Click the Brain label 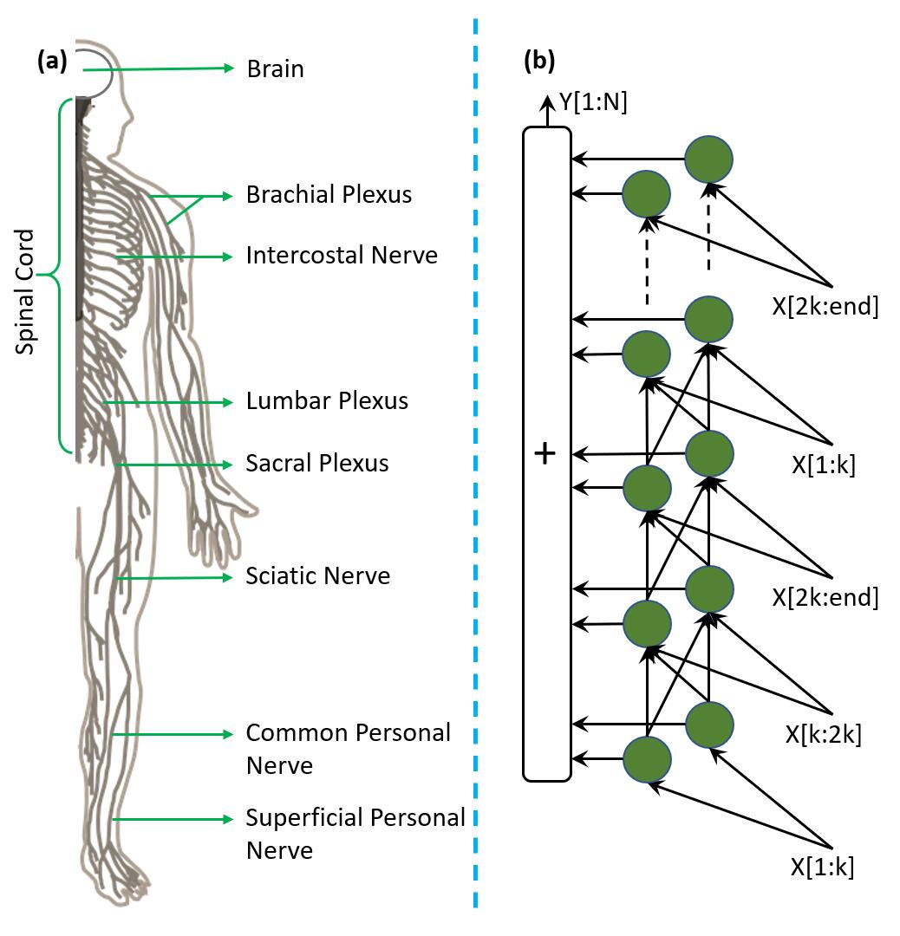click(x=275, y=68)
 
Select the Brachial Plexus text click(x=329, y=194)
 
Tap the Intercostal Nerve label click(x=342, y=255)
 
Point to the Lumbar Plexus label click(x=327, y=401)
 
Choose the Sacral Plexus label click(x=317, y=463)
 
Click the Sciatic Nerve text click(x=318, y=575)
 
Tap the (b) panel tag click(x=539, y=62)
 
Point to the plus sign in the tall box click(x=545, y=453)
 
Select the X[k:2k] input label click(x=823, y=734)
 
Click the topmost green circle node click(x=709, y=159)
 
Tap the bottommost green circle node click(x=647, y=759)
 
